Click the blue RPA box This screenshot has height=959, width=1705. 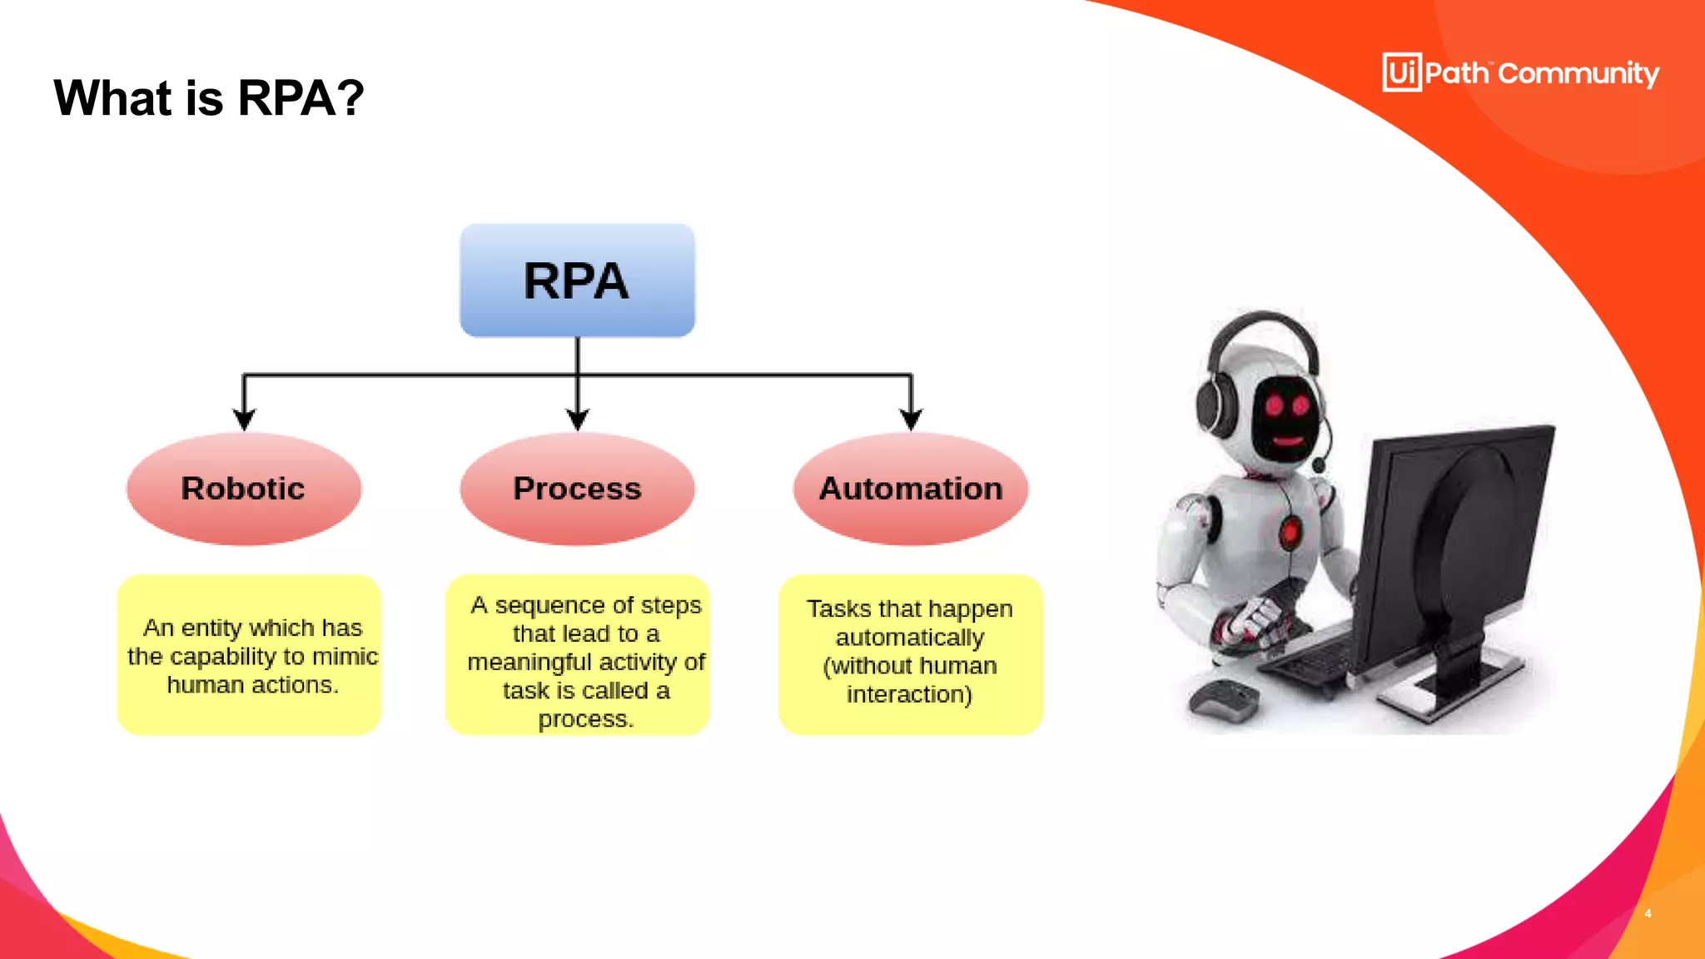(577, 281)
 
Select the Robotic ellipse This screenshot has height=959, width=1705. (243, 489)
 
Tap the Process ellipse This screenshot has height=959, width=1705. (577, 489)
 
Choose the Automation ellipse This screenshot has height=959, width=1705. (911, 489)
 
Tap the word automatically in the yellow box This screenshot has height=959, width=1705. (909, 638)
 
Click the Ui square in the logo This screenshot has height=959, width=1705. (1402, 72)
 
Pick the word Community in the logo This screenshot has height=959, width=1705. (1578, 74)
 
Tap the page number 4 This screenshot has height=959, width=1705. (1648, 913)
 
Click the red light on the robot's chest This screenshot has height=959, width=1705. (1291, 531)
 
